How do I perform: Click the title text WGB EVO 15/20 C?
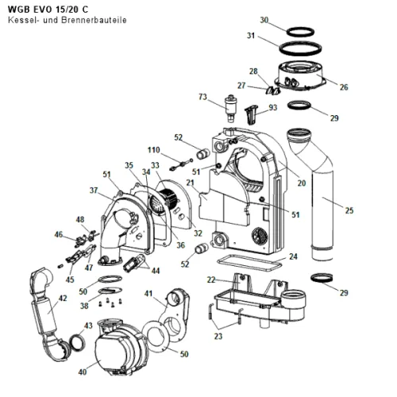coord(48,10)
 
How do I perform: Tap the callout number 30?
coord(264,20)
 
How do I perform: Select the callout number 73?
coord(202,97)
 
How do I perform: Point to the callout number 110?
coord(154,150)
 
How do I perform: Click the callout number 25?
coord(349,210)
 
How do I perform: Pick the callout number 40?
coord(83,372)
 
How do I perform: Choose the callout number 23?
coord(218,336)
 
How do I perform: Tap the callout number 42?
coord(63,299)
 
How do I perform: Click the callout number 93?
coord(273,107)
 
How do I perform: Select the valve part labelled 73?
coord(229,109)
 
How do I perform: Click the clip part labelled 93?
coord(251,114)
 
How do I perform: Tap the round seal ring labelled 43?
coord(77,342)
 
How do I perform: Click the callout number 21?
coord(190,183)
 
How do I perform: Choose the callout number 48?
coord(80,219)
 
